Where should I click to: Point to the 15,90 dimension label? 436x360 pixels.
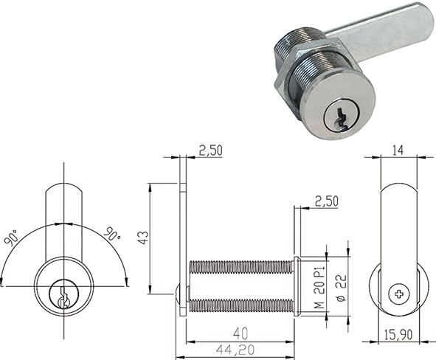tap(399, 336)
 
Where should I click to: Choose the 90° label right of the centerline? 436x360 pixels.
tap(111, 235)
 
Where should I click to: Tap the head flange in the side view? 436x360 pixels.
tap(296, 285)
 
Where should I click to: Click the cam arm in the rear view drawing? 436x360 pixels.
tap(399, 221)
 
